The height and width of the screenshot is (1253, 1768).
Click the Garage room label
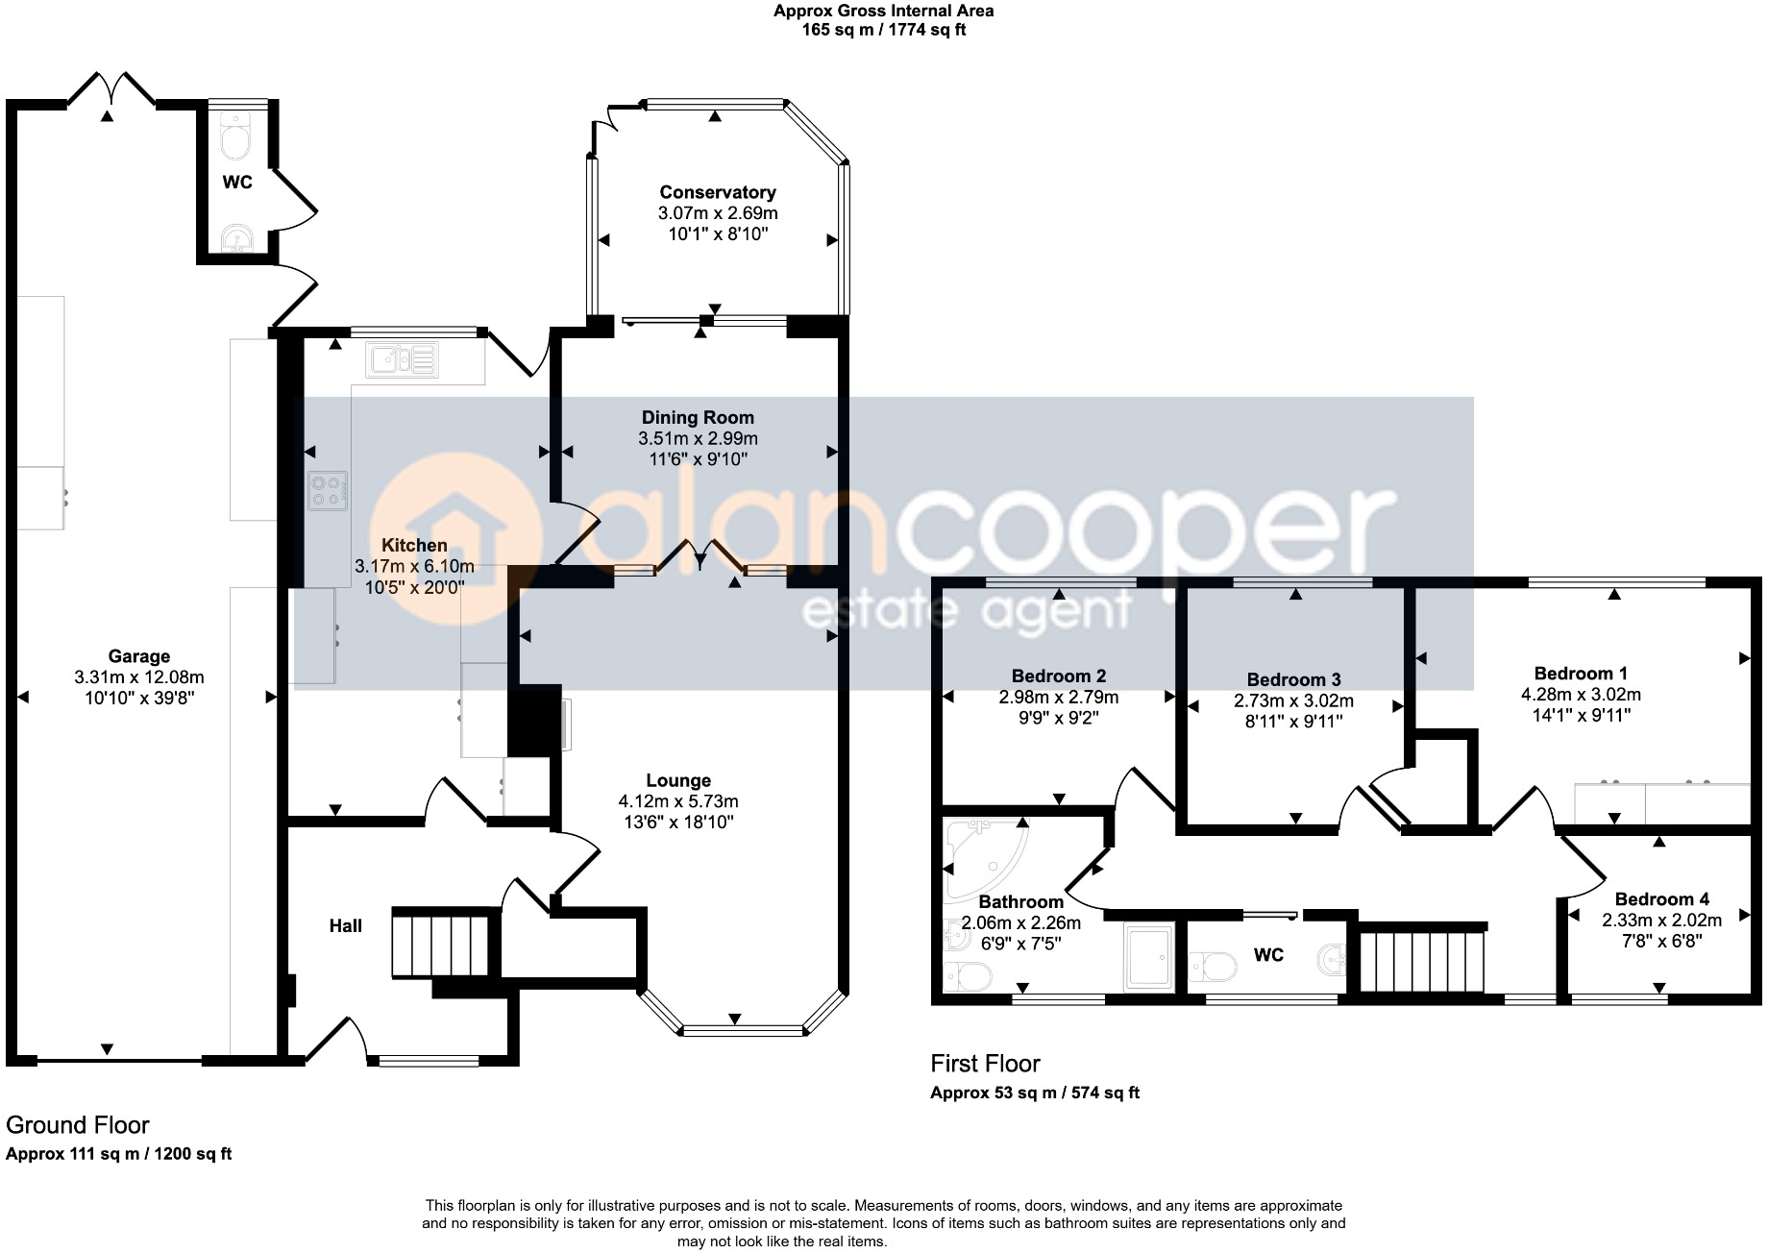(x=139, y=656)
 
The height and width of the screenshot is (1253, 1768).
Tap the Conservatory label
(x=717, y=192)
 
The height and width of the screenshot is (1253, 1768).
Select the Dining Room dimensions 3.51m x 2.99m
(x=698, y=438)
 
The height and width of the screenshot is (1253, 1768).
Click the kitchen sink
(x=402, y=359)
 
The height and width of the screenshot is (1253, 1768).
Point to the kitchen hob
(x=327, y=490)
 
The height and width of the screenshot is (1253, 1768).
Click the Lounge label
(x=678, y=780)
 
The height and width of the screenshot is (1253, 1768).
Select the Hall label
(x=346, y=925)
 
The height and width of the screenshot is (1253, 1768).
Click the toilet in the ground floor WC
(x=235, y=137)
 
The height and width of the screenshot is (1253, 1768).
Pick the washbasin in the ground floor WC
(x=235, y=238)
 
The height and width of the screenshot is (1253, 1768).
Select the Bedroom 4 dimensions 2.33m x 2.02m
(x=1661, y=920)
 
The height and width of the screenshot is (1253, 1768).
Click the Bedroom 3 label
(x=1293, y=679)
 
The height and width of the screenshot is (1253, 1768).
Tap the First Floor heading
(x=985, y=1064)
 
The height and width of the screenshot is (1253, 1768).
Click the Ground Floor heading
(x=78, y=1125)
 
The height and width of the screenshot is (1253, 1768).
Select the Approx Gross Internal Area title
(x=884, y=12)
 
